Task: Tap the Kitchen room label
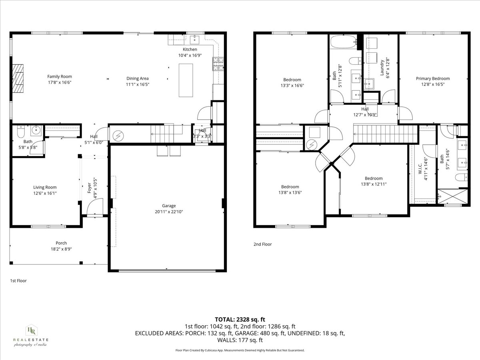coord(190,49)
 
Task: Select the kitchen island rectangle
coord(185,80)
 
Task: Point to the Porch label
coord(61,243)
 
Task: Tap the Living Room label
coord(44,187)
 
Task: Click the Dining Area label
coord(138,78)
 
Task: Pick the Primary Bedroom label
coord(432,78)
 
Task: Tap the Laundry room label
coord(382,68)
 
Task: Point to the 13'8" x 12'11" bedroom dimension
coord(373,184)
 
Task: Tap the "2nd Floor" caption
coord(262,244)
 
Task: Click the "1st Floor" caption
coord(18,281)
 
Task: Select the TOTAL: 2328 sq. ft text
coord(240,319)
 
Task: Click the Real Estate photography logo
coord(30,335)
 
